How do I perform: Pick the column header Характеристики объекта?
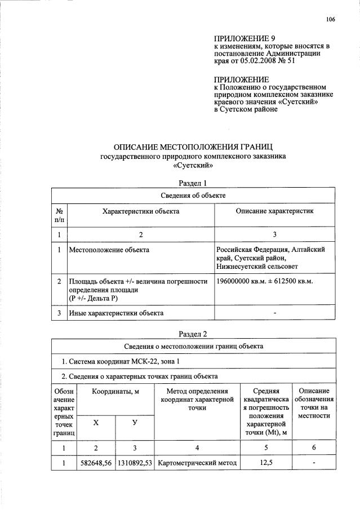[x=141, y=211]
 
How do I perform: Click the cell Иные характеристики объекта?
[x=116, y=312]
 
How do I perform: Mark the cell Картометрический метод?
[x=196, y=463]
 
